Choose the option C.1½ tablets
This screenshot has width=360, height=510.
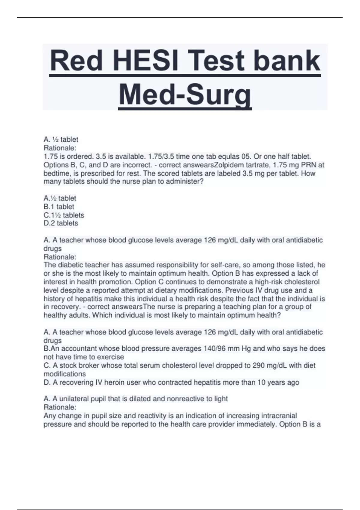point(64,215)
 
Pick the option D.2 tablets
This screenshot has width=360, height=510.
point(61,223)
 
